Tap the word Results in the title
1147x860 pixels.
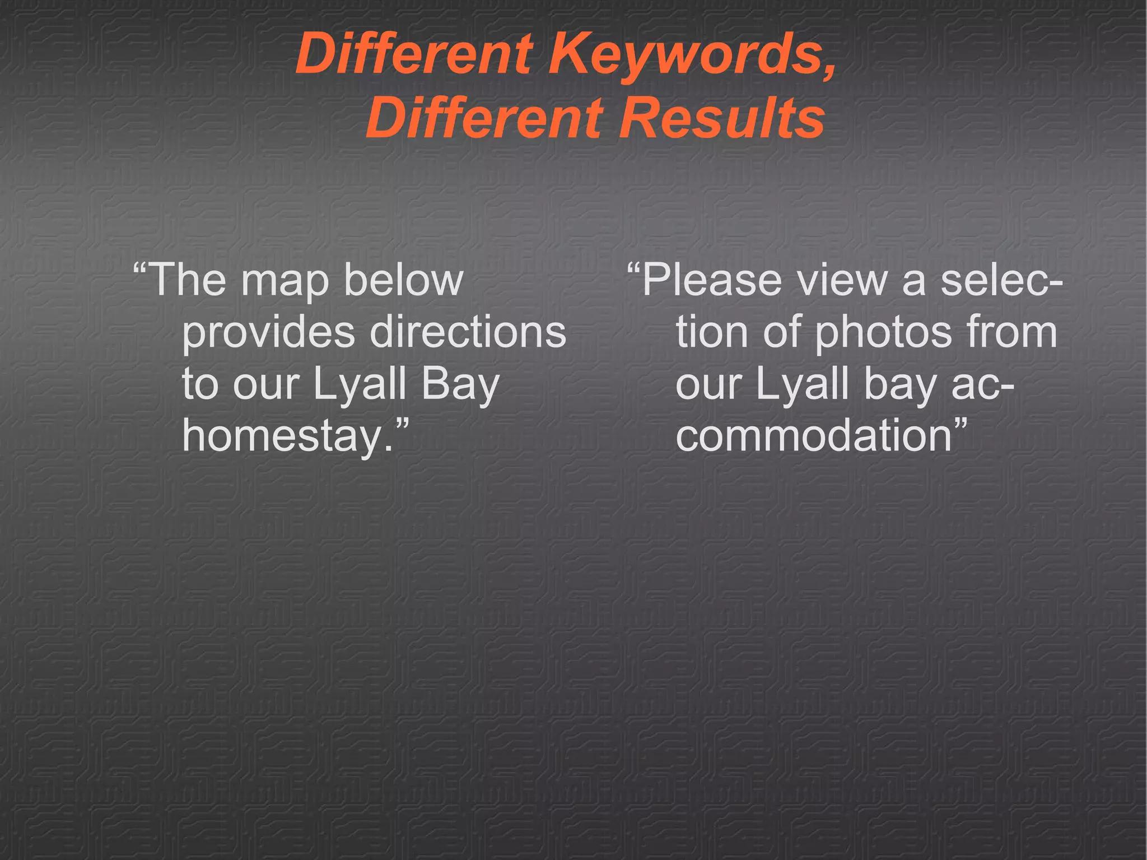pyautogui.click(x=722, y=118)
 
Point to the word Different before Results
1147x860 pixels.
pyautogui.click(x=484, y=118)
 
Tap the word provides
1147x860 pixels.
pyautogui.click(x=268, y=332)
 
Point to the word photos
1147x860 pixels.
pyautogui.click(x=883, y=332)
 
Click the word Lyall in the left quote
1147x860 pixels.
pyautogui.click(x=359, y=384)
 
